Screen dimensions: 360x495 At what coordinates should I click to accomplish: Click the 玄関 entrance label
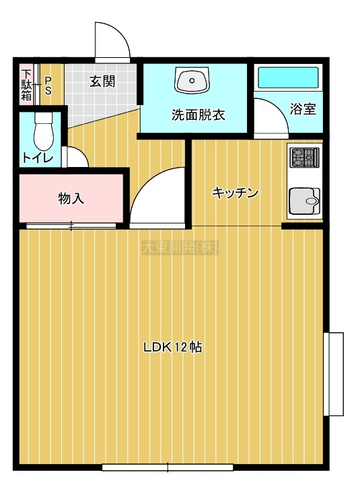click(x=102, y=81)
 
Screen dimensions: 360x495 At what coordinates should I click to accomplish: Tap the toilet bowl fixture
click(x=44, y=131)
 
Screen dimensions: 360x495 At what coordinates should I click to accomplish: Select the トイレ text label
click(x=38, y=157)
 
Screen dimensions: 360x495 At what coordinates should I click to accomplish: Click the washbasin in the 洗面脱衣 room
click(x=192, y=80)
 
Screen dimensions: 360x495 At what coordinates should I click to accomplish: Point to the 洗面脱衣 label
click(x=199, y=115)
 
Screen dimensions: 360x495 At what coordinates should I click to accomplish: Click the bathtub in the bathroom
click(x=289, y=77)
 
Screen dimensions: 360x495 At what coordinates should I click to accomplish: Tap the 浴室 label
click(x=303, y=109)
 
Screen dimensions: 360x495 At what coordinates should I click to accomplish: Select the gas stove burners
click(x=304, y=158)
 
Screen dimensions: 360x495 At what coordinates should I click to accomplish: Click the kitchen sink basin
click(x=304, y=201)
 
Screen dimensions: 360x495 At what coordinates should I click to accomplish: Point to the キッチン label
click(x=236, y=192)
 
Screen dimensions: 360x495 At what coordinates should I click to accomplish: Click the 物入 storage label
click(x=71, y=199)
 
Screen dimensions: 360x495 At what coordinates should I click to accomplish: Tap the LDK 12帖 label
click(x=173, y=348)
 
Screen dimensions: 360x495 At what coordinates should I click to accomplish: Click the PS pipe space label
click(x=48, y=86)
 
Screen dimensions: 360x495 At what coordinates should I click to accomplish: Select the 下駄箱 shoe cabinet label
click(x=26, y=85)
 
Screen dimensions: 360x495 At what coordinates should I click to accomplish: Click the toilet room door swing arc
click(x=81, y=152)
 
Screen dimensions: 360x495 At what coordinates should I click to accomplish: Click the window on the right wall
click(x=334, y=374)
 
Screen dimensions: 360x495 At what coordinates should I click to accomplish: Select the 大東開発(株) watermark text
click(x=180, y=248)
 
